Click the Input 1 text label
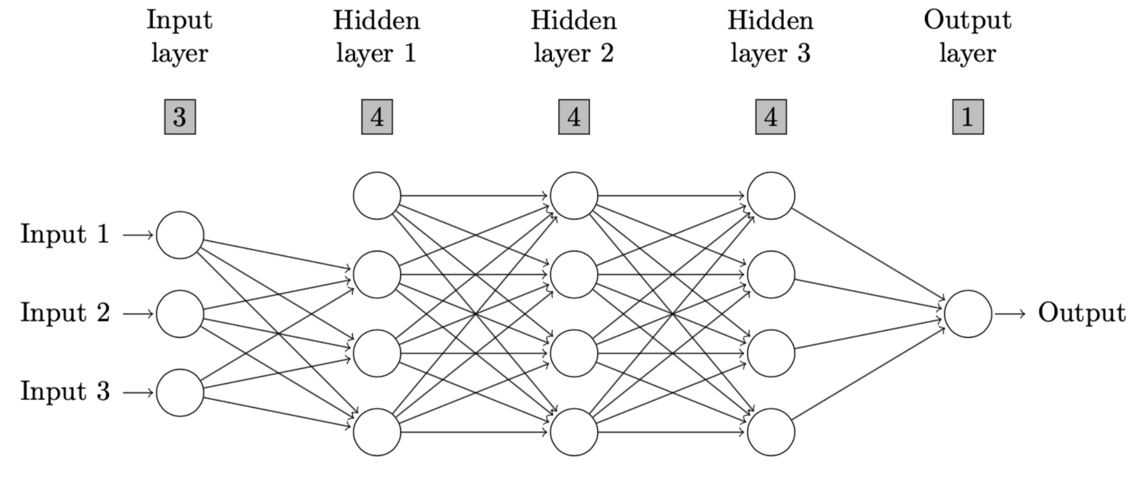click(65, 234)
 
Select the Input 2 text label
click(65, 313)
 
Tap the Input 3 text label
click(65, 392)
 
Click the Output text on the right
click(1082, 313)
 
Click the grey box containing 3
click(180, 117)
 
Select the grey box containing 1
click(968, 117)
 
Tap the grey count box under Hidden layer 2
click(574, 117)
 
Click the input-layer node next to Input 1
click(180, 235)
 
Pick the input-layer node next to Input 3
click(180, 393)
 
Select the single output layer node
click(968, 314)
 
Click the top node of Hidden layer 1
click(377, 196)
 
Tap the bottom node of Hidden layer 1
click(377, 432)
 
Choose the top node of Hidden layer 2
click(574, 196)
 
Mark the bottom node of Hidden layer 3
click(771, 432)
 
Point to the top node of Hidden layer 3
click(771, 196)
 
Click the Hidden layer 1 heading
click(377, 37)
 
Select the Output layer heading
click(968, 37)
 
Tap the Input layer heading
click(180, 37)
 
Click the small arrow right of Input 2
click(138, 314)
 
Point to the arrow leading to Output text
click(1010, 314)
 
